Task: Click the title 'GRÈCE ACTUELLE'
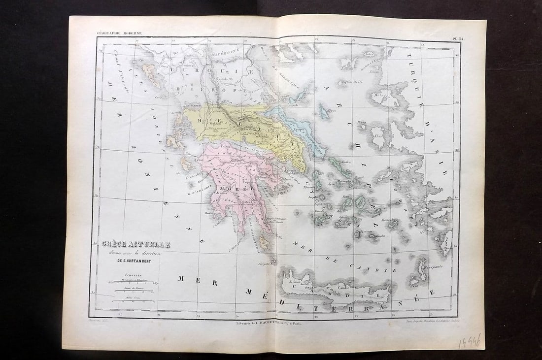136,244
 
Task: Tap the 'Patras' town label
226,146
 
